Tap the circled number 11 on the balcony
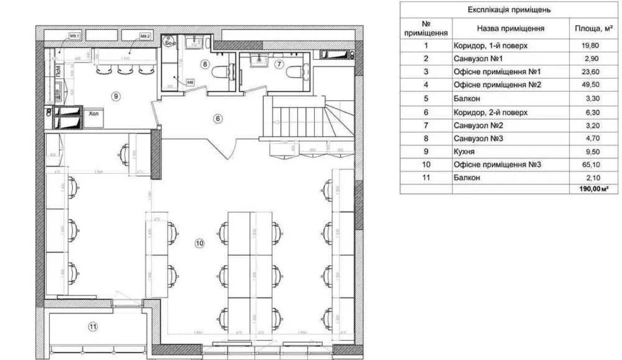click(x=92, y=327)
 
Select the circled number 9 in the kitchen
click(x=116, y=95)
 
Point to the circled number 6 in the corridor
click(x=218, y=118)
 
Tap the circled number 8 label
click(x=206, y=64)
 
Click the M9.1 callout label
click(x=74, y=36)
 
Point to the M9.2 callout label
click(x=145, y=36)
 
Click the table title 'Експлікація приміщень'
click(x=509, y=10)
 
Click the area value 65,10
click(x=590, y=164)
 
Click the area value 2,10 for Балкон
click(x=590, y=177)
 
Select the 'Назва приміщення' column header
click(x=510, y=29)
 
